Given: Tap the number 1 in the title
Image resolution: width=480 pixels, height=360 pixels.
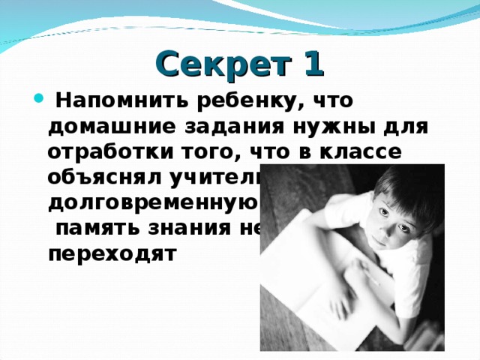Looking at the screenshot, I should (x=312, y=63).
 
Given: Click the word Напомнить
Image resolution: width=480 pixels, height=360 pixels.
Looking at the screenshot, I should (x=121, y=100).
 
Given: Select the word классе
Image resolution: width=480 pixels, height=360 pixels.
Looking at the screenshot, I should (x=364, y=152).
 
